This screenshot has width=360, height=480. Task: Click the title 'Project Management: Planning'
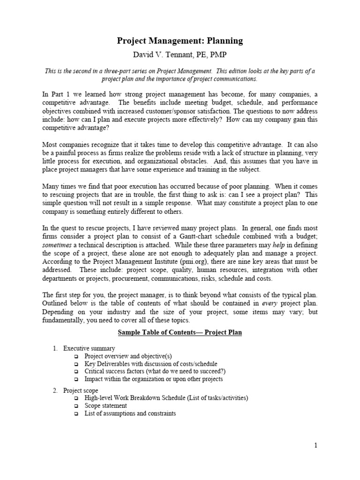180,41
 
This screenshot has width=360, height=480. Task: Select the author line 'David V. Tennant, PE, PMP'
180,55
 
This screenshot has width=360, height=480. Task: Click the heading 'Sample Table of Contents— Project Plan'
180,333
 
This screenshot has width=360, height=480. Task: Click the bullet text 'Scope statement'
105,406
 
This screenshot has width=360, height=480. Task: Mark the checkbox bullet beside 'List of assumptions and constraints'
76,414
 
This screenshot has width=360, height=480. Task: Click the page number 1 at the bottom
316,446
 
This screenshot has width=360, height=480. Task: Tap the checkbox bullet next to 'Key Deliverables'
76,364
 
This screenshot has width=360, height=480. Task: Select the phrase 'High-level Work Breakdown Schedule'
143,398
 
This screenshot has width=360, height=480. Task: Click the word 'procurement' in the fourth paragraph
132,278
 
